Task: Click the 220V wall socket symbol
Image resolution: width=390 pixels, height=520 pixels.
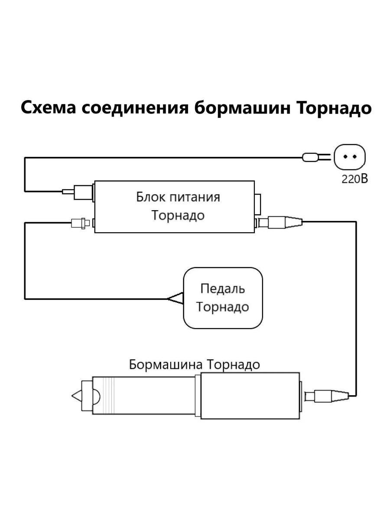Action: click(350, 157)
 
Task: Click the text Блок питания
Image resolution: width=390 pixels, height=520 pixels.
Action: click(178, 197)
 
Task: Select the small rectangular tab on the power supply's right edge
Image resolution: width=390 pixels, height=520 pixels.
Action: click(258, 205)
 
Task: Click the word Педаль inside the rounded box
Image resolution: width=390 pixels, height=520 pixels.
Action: click(223, 289)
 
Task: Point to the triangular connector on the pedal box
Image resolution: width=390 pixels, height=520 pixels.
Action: click(176, 298)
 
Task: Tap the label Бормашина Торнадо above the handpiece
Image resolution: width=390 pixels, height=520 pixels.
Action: click(195, 364)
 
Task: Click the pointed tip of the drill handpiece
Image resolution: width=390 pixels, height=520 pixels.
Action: click(76, 396)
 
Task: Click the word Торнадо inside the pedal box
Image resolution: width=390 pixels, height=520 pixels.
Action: click(223, 307)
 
